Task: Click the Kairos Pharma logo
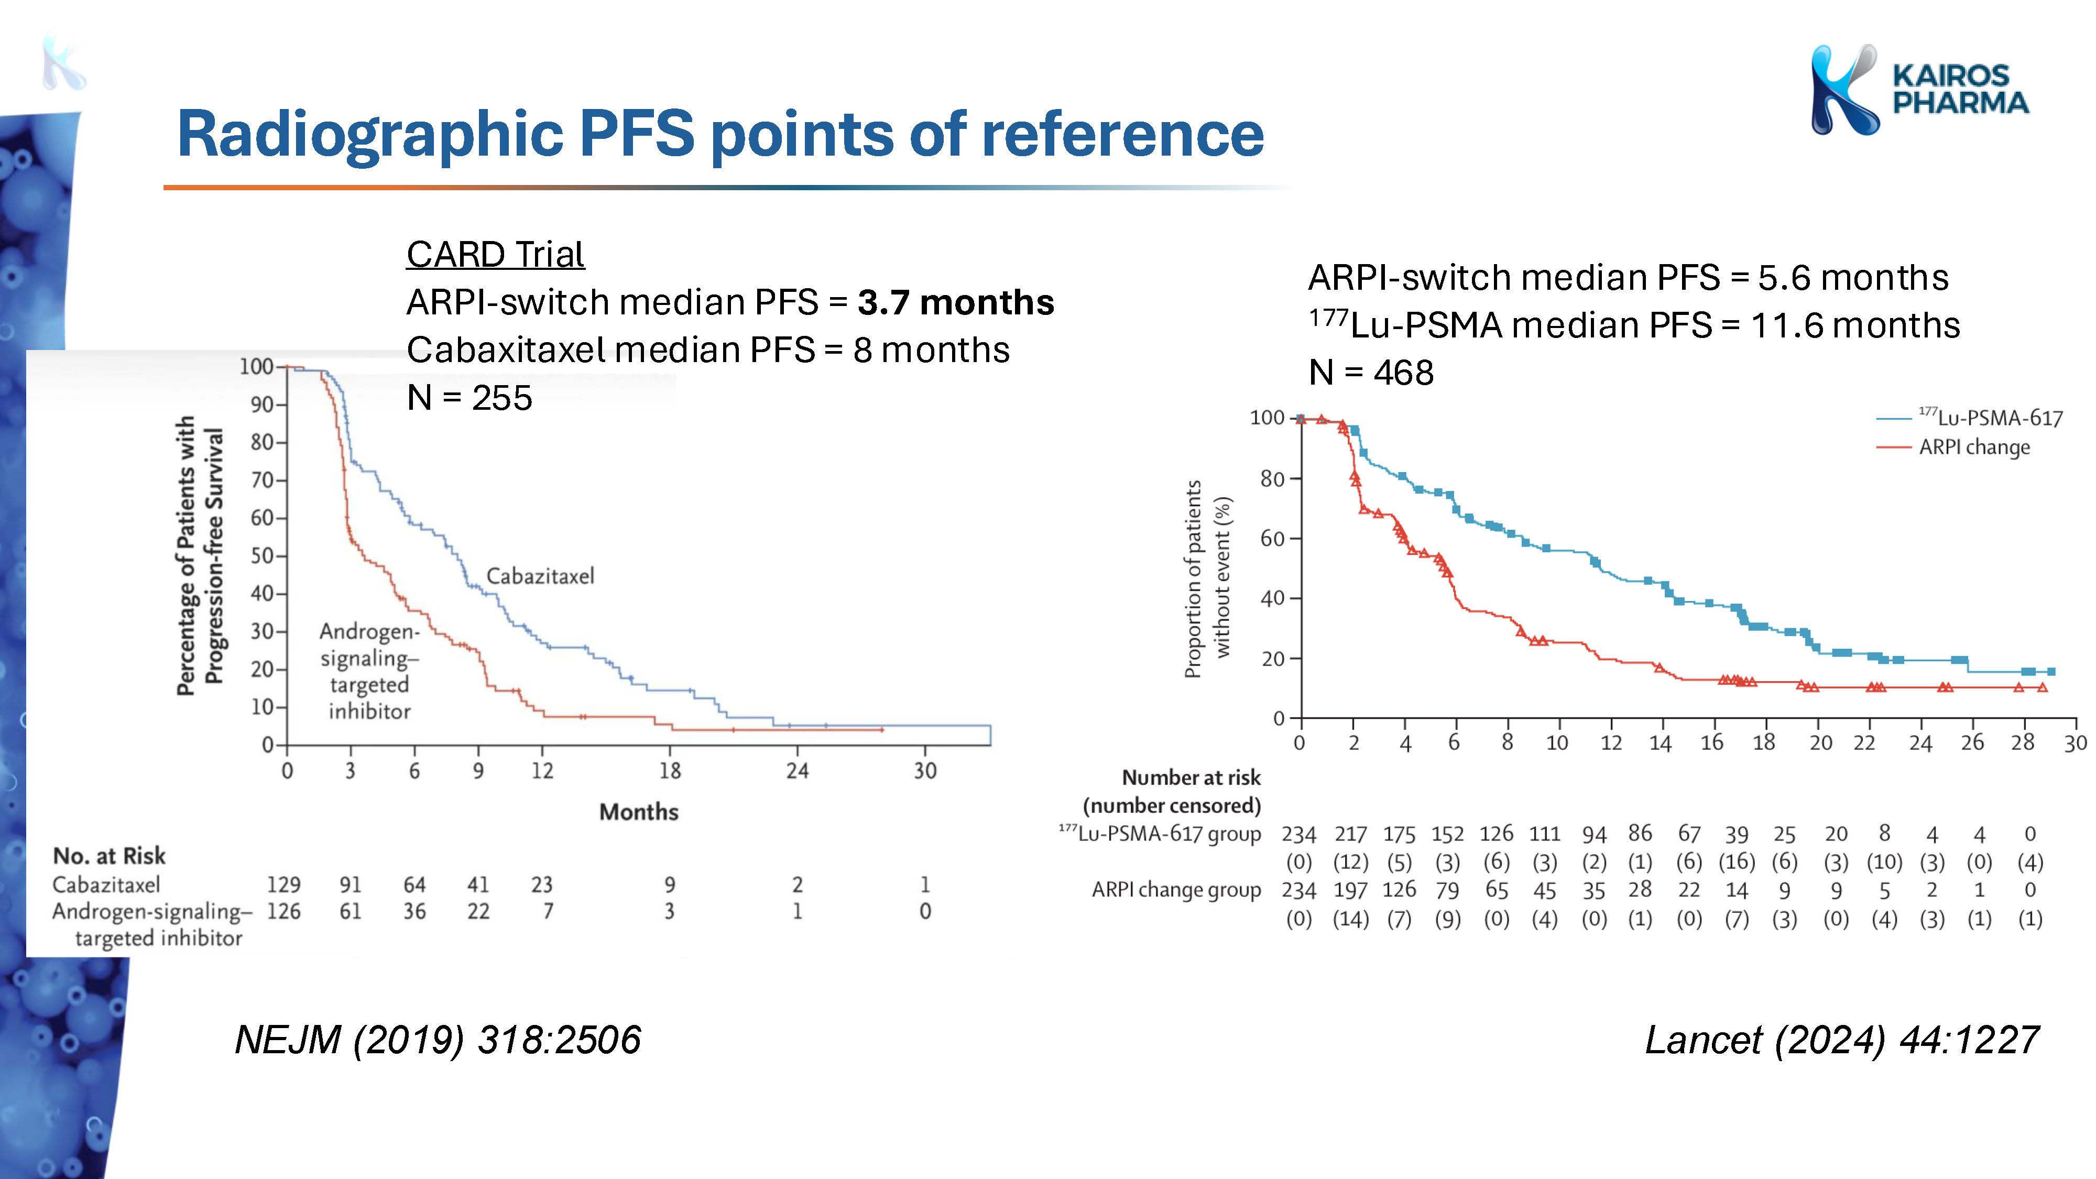[x=1918, y=90]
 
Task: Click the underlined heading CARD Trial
[x=495, y=254]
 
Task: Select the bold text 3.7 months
[x=955, y=303]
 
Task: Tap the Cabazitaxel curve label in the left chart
[x=540, y=576]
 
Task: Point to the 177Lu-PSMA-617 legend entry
[x=1969, y=418]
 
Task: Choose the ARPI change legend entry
[x=1953, y=446]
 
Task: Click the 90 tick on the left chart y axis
[x=262, y=405]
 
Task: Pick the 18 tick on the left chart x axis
[x=670, y=770]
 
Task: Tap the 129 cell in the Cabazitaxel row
[x=284, y=885]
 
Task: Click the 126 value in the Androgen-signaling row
[x=284, y=911]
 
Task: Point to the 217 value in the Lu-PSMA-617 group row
[x=1351, y=834]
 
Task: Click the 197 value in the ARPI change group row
[x=1351, y=890]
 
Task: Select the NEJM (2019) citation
[x=438, y=1040]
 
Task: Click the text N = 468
[x=1371, y=373]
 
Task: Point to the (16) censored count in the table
[x=1737, y=861]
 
